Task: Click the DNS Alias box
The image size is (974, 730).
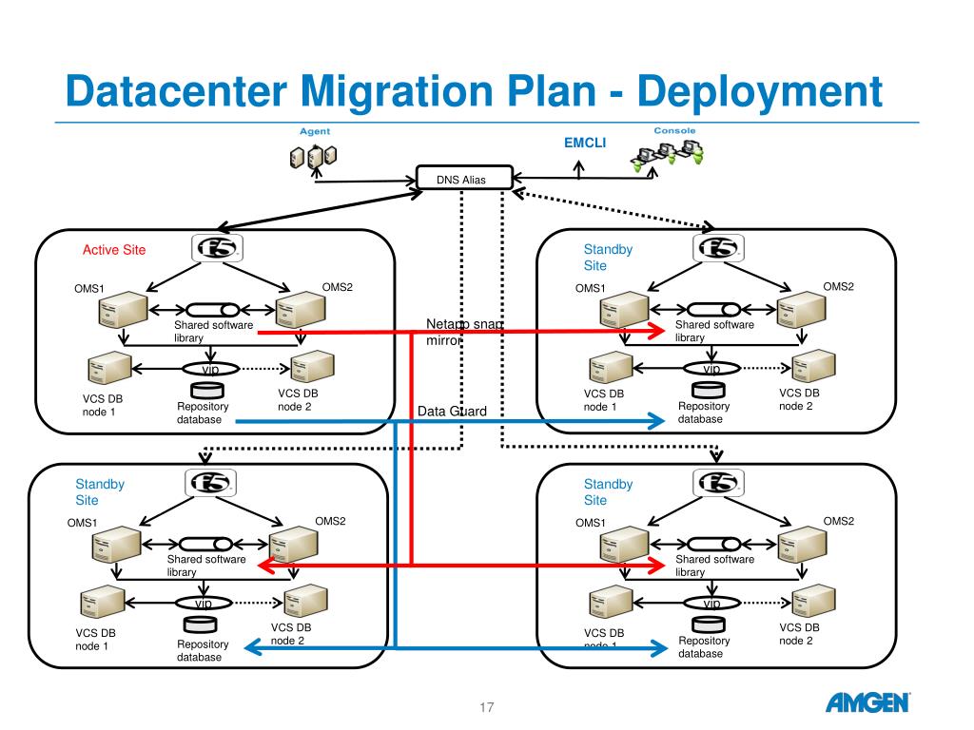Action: pyautogui.click(x=464, y=178)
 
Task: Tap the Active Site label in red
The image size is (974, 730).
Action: pyautogui.click(x=114, y=250)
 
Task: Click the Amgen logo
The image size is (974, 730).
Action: pyautogui.click(x=867, y=703)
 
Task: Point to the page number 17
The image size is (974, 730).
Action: pyautogui.click(x=487, y=707)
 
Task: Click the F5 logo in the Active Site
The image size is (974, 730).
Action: pyautogui.click(x=217, y=249)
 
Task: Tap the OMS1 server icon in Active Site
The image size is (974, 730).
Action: pyautogui.click(x=121, y=309)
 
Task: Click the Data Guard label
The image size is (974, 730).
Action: pyautogui.click(x=452, y=412)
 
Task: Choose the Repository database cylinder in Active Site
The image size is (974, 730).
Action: pyautogui.click(x=205, y=390)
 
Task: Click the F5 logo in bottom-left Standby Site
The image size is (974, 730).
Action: pyautogui.click(x=209, y=483)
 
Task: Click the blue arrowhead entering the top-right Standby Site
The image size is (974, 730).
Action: pyautogui.click(x=655, y=421)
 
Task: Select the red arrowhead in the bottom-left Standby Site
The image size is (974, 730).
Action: pyautogui.click(x=265, y=567)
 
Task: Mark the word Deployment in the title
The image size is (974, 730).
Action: pyautogui.click(x=759, y=92)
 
